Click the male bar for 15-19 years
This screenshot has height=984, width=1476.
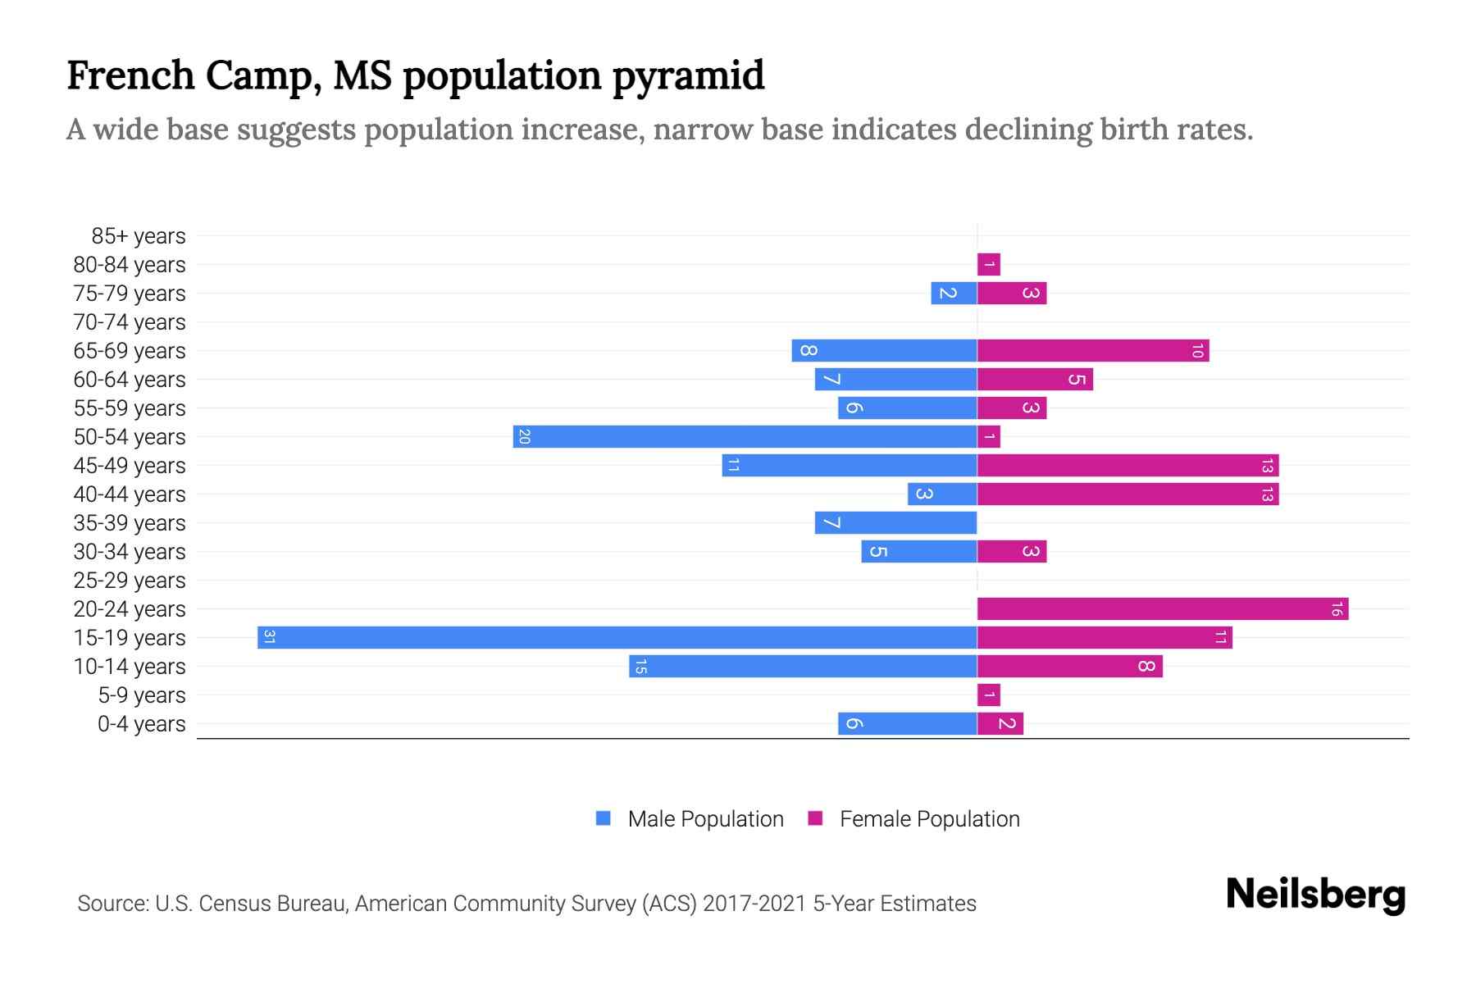pos(617,637)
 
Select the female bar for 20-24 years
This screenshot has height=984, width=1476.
pos(1162,608)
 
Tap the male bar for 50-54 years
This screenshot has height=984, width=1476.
pos(745,436)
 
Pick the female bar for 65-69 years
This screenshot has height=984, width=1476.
pos(1092,350)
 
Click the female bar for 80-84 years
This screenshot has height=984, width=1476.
pos(988,264)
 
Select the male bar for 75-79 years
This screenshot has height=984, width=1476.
pos(954,293)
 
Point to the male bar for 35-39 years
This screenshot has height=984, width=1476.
pos(895,522)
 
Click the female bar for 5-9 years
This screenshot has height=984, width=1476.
pos(988,695)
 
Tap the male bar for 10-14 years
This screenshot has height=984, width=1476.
pos(803,666)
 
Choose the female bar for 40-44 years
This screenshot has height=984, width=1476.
pos(1127,494)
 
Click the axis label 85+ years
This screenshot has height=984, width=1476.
pos(139,236)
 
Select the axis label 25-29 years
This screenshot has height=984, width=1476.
pos(130,581)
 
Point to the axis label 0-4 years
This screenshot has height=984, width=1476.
pos(141,724)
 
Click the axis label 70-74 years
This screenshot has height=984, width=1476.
pos(130,322)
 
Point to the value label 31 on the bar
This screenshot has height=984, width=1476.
pos(269,637)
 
